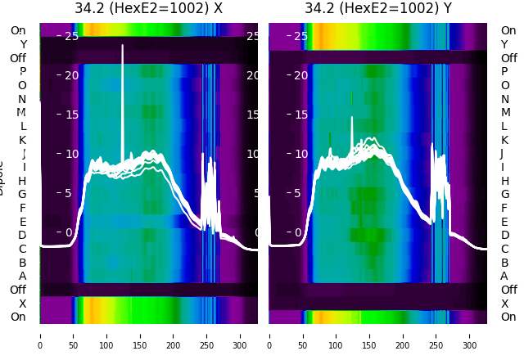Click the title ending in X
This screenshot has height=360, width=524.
click(x=148, y=9)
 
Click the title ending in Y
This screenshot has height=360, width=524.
click(x=378, y=9)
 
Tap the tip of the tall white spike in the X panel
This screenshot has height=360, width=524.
click(x=123, y=45)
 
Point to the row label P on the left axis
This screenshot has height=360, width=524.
click(x=22, y=72)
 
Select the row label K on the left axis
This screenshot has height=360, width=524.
click(x=22, y=140)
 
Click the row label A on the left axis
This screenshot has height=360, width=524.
click(x=22, y=276)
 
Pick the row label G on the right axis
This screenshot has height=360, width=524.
click(x=504, y=194)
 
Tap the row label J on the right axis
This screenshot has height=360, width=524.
click(x=502, y=153)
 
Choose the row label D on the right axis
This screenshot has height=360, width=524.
click(x=504, y=235)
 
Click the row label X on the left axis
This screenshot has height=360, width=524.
click(x=22, y=304)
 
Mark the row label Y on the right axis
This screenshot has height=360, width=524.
click(x=504, y=44)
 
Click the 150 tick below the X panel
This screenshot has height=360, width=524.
click(x=140, y=335)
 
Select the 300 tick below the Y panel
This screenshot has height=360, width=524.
click(x=470, y=335)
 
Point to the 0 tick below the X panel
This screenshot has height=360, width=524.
click(x=40, y=335)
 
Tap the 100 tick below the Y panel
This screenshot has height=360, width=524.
click(x=336, y=335)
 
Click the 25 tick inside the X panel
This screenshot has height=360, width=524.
click(x=71, y=36)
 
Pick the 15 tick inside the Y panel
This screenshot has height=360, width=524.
click(x=301, y=115)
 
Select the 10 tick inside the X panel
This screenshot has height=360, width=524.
click(x=71, y=154)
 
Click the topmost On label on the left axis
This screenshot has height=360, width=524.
click(x=18, y=30)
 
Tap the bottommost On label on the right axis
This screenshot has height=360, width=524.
click(x=508, y=317)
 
